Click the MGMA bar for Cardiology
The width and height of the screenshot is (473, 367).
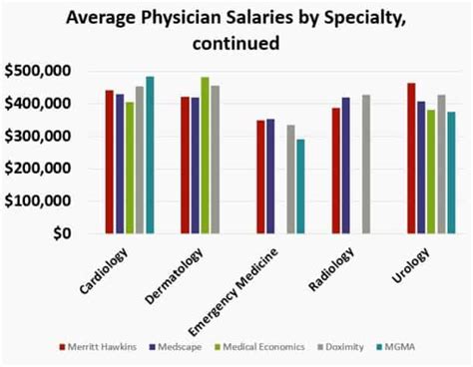point(151,156)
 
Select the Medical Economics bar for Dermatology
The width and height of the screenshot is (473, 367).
point(206,156)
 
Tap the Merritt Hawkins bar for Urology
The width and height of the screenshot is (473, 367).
point(411,159)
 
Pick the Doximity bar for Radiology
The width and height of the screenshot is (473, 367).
point(366,165)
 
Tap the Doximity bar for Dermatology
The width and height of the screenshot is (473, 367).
point(216,160)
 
